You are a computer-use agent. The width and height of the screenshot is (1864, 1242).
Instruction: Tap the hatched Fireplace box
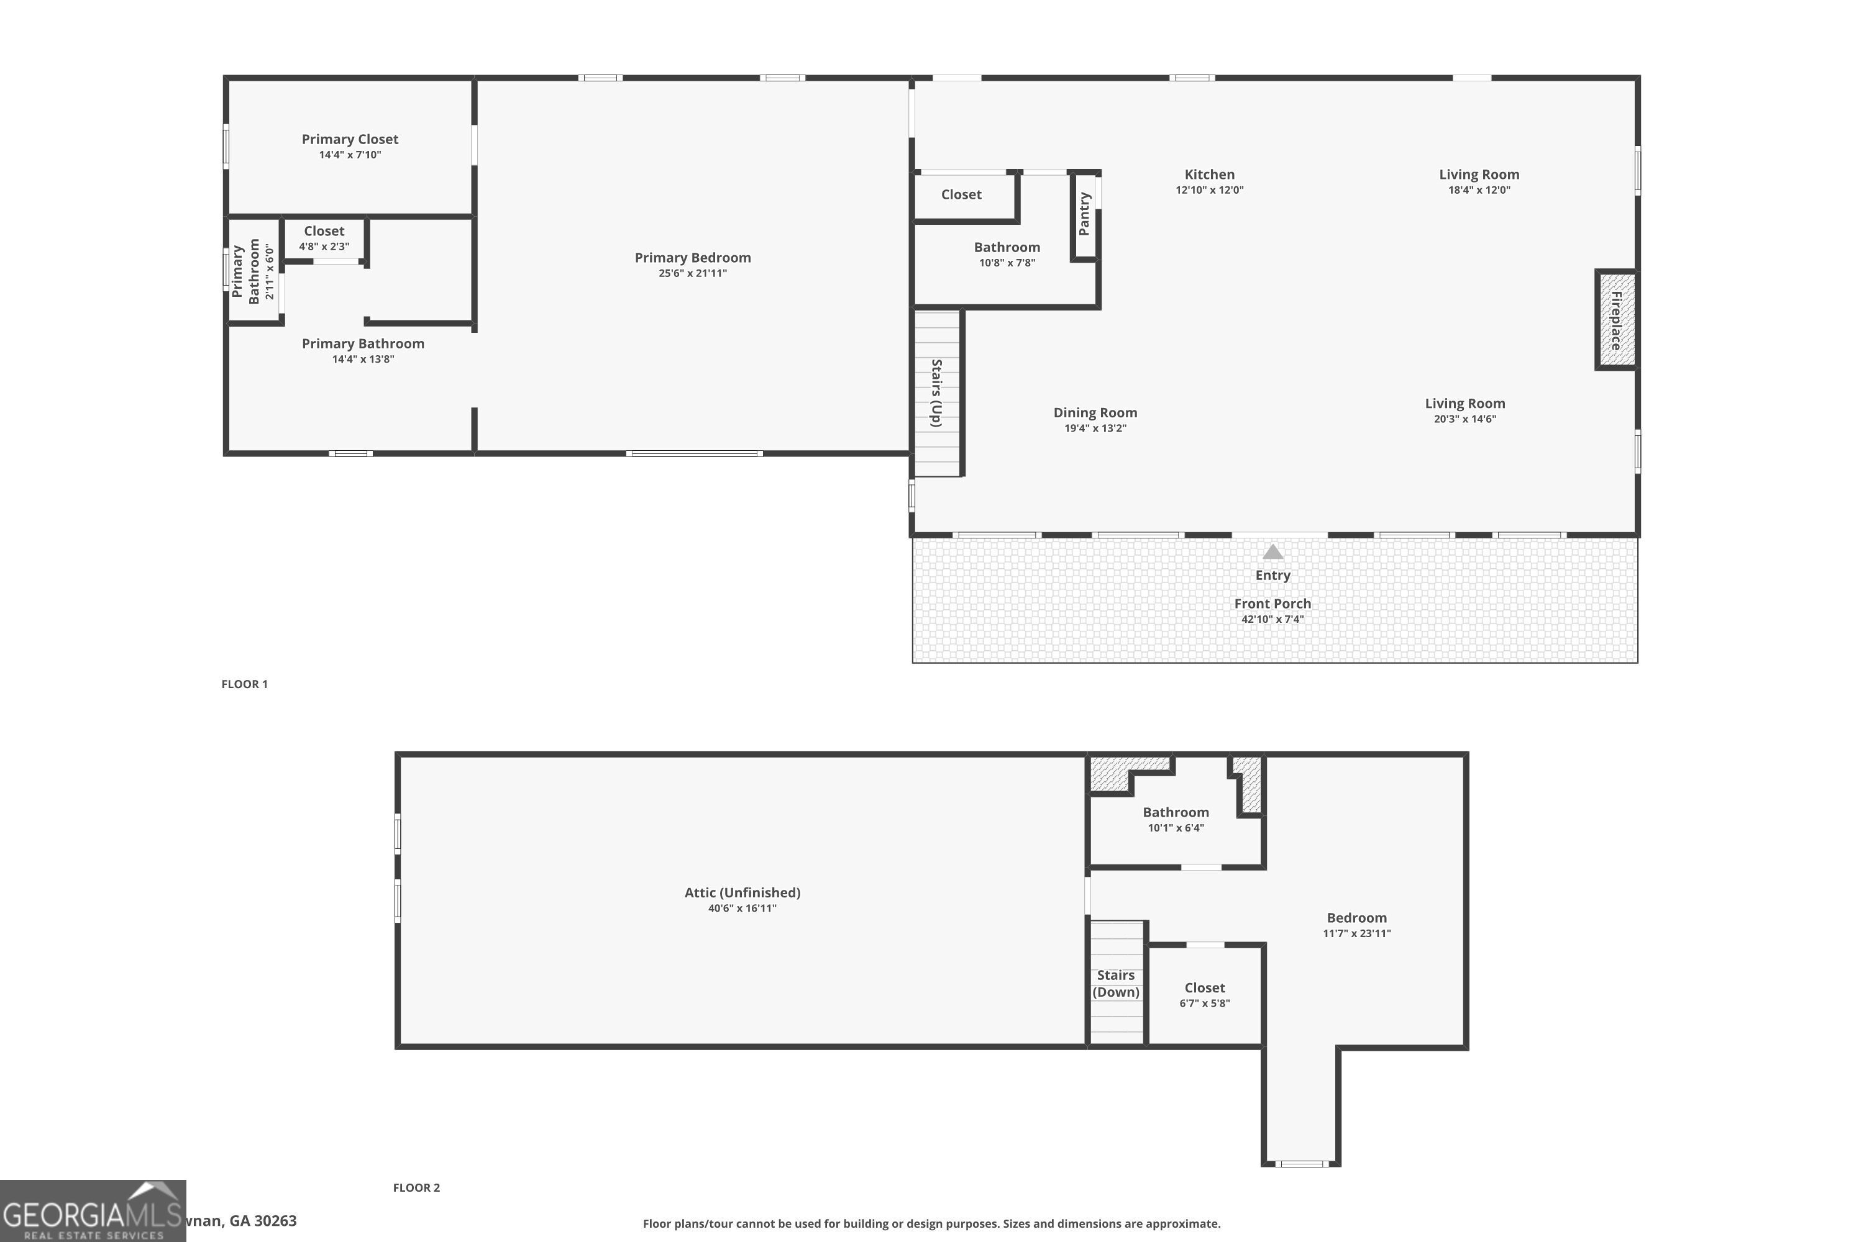pyautogui.click(x=1616, y=320)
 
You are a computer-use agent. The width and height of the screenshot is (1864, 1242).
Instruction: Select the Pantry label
pyautogui.click(x=1084, y=214)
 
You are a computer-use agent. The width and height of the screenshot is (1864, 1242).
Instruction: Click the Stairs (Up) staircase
pyautogui.click(x=937, y=394)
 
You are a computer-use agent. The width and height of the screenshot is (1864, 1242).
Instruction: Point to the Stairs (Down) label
pyautogui.click(x=1116, y=983)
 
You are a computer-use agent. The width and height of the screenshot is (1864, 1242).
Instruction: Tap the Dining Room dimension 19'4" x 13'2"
pyautogui.click(x=1095, y=428)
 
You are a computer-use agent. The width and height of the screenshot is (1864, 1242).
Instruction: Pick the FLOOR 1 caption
pyautogui.click(x=244, y=684)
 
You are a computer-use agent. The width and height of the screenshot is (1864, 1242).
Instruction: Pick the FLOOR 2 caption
pyautogui.click(x=416, y=1187)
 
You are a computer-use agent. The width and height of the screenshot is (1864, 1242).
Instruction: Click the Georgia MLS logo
pyautogui.click(x=93, y=1211)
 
